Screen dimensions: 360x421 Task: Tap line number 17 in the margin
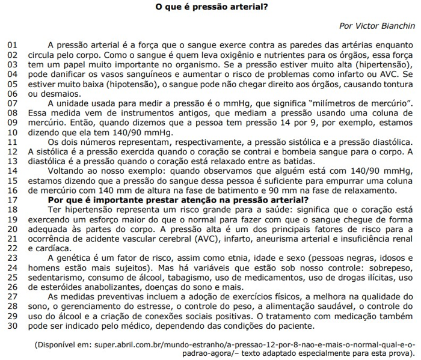(13, 200)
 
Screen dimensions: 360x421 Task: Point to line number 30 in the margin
(13, 326)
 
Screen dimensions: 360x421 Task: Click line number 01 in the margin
(13, 45)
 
